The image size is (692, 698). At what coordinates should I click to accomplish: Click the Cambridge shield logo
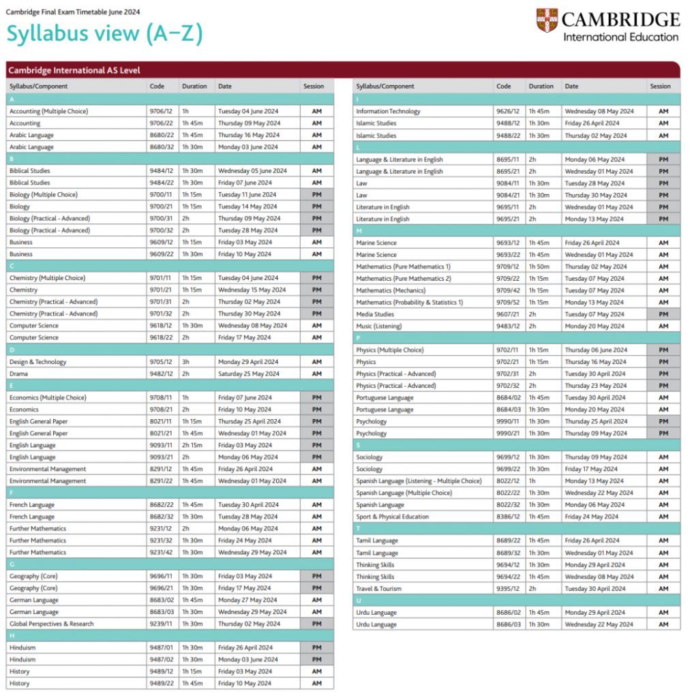(547, 20)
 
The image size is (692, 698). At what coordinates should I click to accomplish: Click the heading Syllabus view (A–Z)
(104, 33)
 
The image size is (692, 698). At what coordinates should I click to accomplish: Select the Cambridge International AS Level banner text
(74, 70)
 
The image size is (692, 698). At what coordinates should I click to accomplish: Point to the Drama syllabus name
(19, 374)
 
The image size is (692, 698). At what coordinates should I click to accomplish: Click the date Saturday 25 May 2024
(249, 374)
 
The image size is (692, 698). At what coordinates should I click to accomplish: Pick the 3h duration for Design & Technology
(186, 362)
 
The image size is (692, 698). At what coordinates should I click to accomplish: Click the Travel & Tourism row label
(378, 588)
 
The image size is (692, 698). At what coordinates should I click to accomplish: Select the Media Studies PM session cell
(663, 314)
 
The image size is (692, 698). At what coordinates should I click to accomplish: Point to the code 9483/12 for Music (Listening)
(509, 326)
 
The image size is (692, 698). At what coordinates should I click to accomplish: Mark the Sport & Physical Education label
(392, 517)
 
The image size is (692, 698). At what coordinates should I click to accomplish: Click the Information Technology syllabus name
(388, 111)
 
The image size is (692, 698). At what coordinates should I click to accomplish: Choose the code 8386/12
(509, 517)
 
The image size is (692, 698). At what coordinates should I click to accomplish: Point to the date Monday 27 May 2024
(247, 600)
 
